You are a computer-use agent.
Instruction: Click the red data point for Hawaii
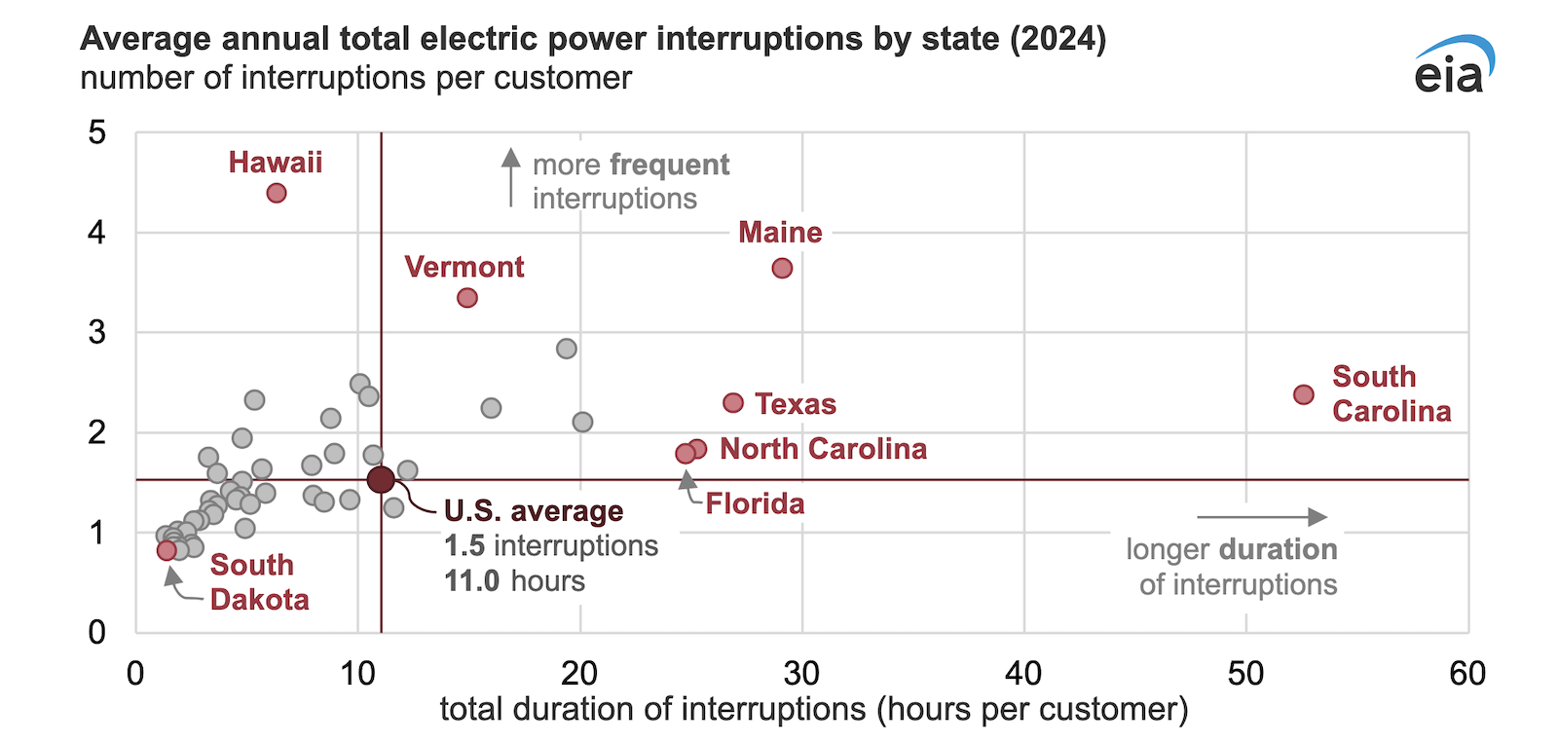tap(277, 193)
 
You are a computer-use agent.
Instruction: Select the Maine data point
tap(782, 268)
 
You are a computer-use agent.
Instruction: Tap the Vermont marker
tap(467, 297)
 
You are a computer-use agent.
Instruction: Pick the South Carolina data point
tap(1304, 394)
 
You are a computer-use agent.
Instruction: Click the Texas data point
tap(733, 402)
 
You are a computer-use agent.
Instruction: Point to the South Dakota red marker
tap(167, 550)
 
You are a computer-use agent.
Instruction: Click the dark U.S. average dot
tap(381, 479)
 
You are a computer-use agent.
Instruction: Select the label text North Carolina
tap(823, 449)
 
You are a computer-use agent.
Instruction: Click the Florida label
tap(755, 503)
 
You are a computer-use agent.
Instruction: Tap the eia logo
tap(1453, 66)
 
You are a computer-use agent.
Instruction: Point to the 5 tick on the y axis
tap(96, 132)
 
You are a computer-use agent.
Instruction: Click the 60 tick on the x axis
tap(1467, 674)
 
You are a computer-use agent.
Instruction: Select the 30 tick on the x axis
tap(801, 674)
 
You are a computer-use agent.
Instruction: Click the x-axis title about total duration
tap(813, 709)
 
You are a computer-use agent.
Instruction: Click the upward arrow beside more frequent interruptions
tap(510, 177)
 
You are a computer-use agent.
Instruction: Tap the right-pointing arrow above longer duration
tap(1262, 517)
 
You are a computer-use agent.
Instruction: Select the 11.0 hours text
tap(514, 581)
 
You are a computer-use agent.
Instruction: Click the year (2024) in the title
tap(1058, 39)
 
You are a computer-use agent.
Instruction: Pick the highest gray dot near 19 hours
tap(567, 349)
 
